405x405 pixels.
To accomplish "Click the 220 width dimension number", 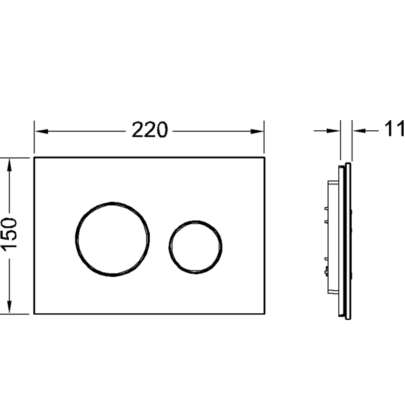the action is click(x=150, y=130).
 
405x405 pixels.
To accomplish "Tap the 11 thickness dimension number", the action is click(x=395, y=129).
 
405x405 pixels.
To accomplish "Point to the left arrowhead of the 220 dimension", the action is click(x=41, y=132).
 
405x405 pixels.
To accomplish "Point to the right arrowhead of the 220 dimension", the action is click(x=257, y=132).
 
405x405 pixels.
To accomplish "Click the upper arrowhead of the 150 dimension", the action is click(x=9, y=165).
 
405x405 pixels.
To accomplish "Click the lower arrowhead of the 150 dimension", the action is click(x=9, y=306).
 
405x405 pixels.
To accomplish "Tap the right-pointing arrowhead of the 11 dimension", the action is click(x=333, y=131).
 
